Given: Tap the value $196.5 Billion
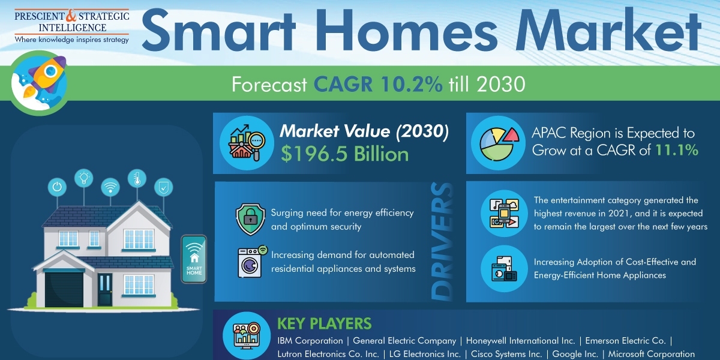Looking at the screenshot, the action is (344, 154).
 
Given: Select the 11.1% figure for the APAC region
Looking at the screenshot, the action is (677, 150).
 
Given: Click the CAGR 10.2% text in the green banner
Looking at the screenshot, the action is (378, 84).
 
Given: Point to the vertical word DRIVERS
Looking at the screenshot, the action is (443, 242).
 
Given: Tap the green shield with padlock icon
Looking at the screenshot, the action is (250, 219).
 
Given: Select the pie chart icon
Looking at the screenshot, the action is (498, 143).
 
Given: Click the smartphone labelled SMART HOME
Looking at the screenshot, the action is (194, 259).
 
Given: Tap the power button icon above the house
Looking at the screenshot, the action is (57, 187).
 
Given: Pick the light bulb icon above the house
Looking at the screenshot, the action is (84, 178).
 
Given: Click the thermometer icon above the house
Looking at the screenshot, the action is (137, 178).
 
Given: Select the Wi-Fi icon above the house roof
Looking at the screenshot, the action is (110, 187).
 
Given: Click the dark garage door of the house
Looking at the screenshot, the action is (64, 290).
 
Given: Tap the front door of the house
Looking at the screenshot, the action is (105, 290).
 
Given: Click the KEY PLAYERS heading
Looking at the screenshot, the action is (325, 323).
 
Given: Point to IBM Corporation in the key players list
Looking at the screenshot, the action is (310, 341).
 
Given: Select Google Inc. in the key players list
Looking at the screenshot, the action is (575, 354).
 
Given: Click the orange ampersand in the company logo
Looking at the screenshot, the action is (71, 16).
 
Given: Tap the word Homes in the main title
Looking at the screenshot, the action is (407, 31).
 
